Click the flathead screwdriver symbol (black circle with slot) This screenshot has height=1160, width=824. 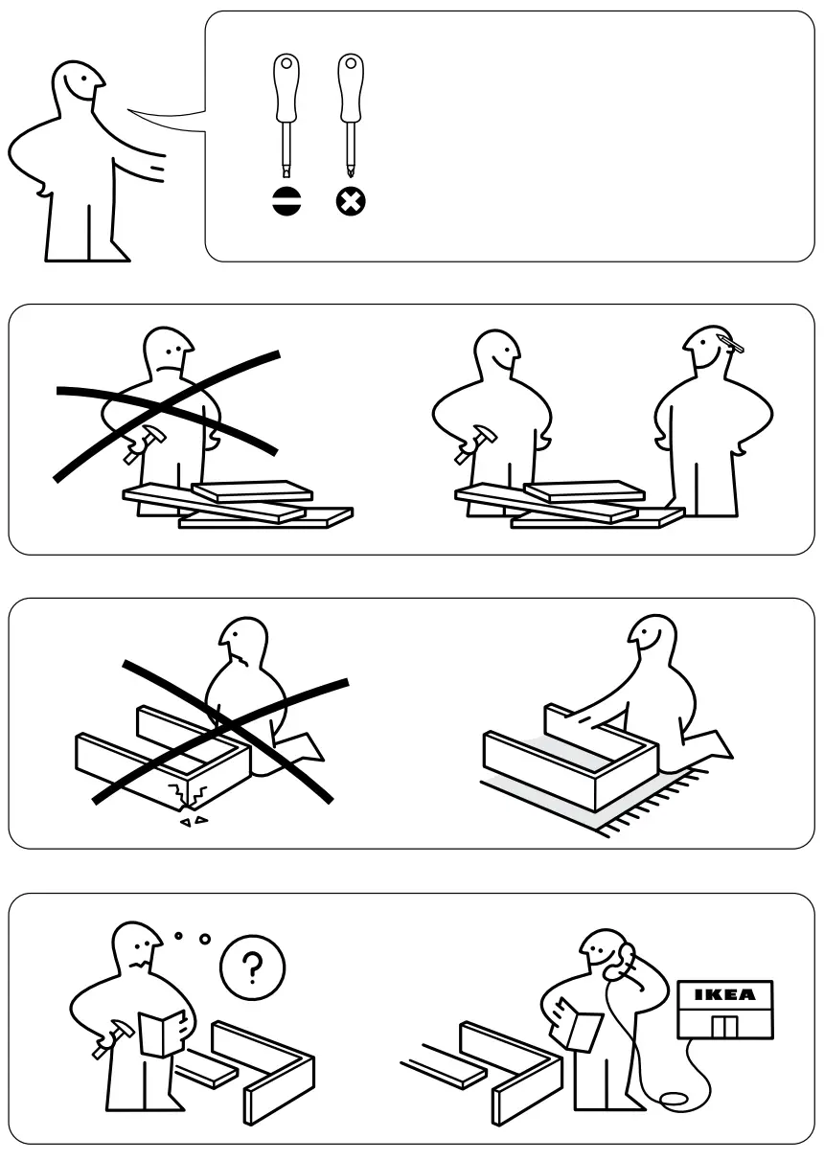[x=286, y=202]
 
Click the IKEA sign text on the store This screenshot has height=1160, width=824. [x=724, y=994]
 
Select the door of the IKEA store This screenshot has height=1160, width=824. [x=724, y=1026]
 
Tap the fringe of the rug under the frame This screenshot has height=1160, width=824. [x=661, y=805]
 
